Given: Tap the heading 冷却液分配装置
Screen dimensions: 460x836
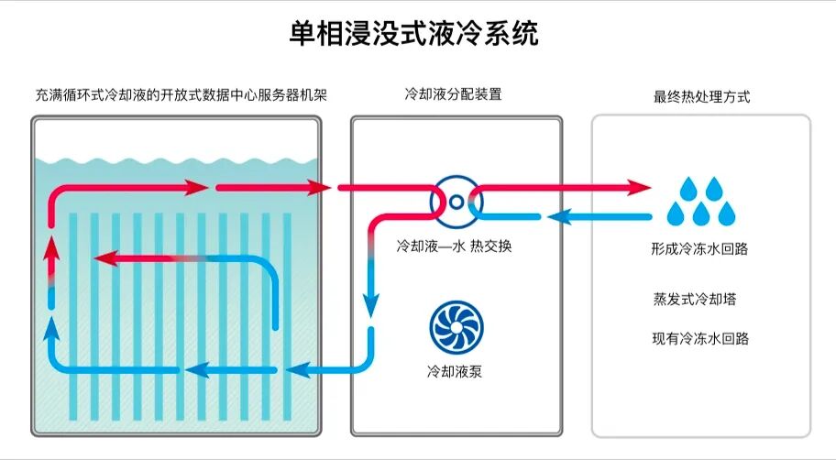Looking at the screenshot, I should click(x=454, y=94).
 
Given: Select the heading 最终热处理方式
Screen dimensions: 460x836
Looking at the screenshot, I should click(x=701, y=96).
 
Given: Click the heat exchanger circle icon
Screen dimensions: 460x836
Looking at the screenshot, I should click(x=456, y=200).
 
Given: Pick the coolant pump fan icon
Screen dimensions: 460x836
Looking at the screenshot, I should click(x=456, y=325).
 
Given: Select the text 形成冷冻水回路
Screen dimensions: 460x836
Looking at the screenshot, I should click(x=701, y=249).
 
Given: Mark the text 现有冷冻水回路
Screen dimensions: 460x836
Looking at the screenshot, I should click(x=701, y=339).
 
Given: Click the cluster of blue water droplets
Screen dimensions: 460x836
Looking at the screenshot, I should click(x=701, y=201).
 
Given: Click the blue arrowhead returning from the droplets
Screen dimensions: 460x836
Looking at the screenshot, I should click(x=558, y=217).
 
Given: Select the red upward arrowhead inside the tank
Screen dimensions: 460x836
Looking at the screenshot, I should click(x=51, y=250).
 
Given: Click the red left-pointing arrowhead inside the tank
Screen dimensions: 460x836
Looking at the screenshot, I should click(x=105, y=258).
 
